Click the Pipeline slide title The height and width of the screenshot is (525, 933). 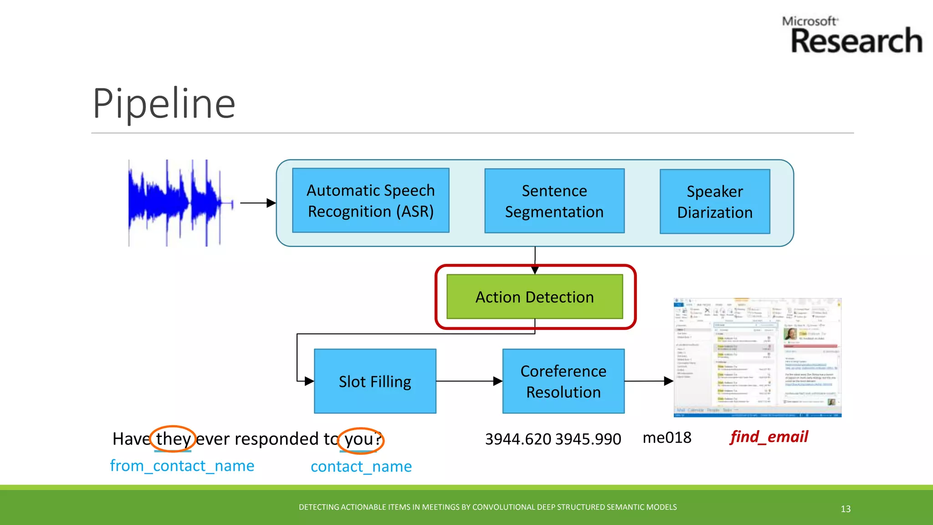click(164, 104)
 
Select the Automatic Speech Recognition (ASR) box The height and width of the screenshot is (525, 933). click(370, 201)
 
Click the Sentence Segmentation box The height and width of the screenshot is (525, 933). click(554, 201)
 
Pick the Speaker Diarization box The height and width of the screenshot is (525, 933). click(714, 201)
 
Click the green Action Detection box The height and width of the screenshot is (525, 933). click(534, 297)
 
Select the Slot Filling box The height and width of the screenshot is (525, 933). click(374, 381)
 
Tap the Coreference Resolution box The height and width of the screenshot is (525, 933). click(563, 381)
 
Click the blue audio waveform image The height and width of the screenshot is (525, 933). click(180, 203)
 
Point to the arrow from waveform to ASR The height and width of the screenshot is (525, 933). click(257, 203)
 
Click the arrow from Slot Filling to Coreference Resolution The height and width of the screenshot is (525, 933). click(469, 381)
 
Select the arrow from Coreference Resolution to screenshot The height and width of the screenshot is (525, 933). click(648, 381)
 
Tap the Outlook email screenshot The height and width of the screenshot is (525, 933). click(757, 358)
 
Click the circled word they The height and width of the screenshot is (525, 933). click(173, 439)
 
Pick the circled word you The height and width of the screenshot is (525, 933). click(361, 440)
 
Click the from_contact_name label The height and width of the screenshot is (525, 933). click(182, 466)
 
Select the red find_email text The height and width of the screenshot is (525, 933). click(769, 437)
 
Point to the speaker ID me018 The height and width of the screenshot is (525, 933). click(666, 438)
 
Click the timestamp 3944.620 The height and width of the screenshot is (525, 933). click(518, 439)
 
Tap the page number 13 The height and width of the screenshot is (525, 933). click(846, 509)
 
